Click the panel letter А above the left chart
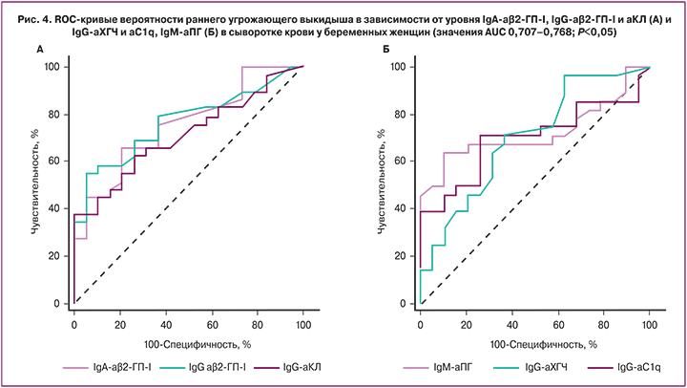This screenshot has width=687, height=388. coord(37,49)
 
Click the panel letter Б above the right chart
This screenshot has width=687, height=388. coord(383,49)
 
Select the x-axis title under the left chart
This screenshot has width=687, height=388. coord(189,342)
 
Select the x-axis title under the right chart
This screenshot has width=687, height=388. coord(534,342)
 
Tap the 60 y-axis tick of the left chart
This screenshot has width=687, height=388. coord(58,162)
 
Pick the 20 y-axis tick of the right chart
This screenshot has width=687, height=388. coord(404,256)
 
